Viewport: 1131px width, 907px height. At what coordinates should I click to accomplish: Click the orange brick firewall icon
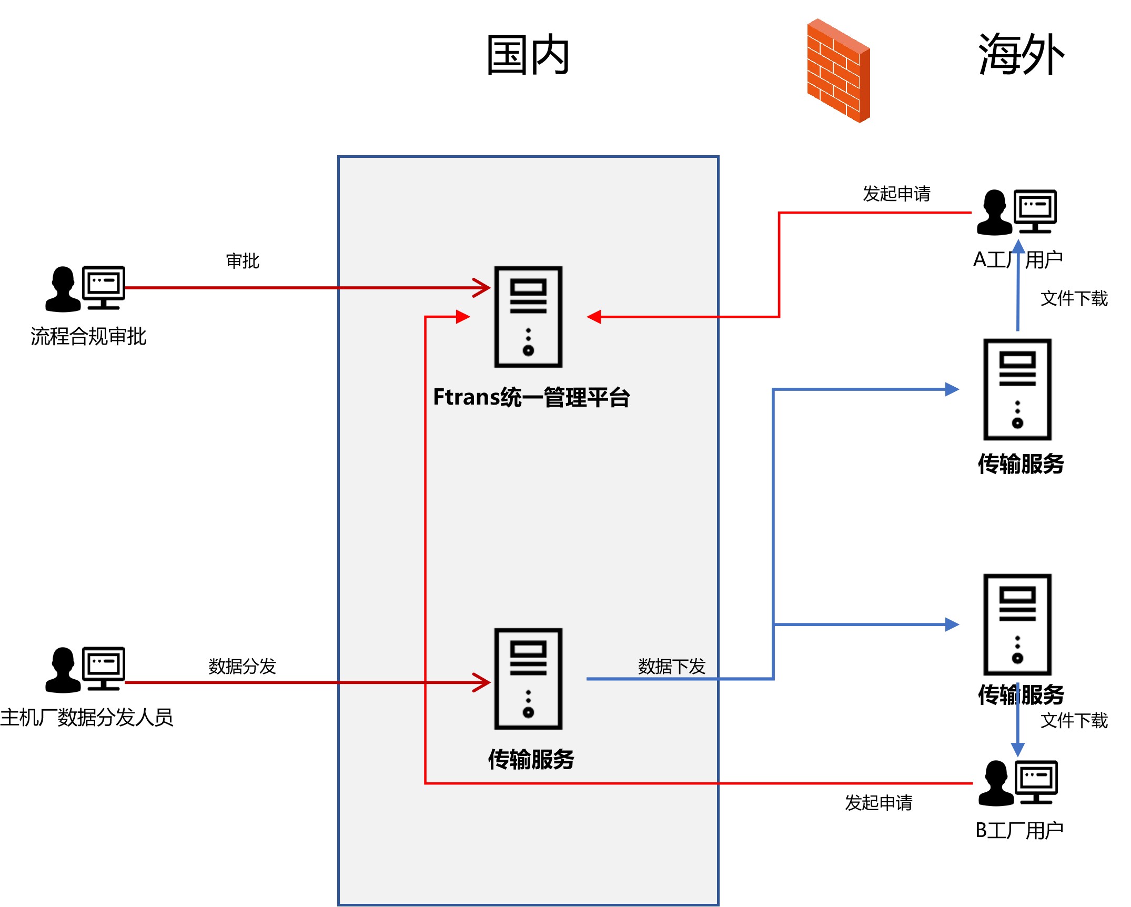839,70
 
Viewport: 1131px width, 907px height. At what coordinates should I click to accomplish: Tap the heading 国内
528,55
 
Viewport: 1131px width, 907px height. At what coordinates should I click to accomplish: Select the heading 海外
1021,54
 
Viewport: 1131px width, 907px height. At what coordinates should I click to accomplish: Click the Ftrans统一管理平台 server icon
528,317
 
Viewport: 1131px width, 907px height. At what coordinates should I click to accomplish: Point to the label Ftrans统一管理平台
531,397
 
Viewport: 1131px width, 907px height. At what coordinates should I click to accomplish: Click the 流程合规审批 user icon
85,288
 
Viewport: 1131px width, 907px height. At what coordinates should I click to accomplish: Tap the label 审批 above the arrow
243,261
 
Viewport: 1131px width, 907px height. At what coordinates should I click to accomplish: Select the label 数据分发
242,666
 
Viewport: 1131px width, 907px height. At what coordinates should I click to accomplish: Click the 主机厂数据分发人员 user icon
85,669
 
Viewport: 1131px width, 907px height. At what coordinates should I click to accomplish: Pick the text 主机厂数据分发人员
87,717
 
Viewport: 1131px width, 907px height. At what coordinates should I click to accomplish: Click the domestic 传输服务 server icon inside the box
528,679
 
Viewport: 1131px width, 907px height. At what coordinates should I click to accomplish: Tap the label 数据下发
671,666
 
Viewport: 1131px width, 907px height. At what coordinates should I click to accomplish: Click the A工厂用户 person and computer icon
1016,212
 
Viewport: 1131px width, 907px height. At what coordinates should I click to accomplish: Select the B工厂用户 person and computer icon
1017,783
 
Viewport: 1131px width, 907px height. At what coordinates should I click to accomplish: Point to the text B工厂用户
1019,830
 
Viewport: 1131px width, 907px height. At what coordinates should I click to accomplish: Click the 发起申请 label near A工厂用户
896,194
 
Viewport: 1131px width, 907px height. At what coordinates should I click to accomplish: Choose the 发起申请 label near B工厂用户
878,802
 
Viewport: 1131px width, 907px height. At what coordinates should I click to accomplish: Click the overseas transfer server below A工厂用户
1017,389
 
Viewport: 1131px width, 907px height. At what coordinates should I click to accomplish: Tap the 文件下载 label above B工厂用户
1074,720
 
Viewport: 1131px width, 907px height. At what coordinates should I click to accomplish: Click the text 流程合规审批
88,336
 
